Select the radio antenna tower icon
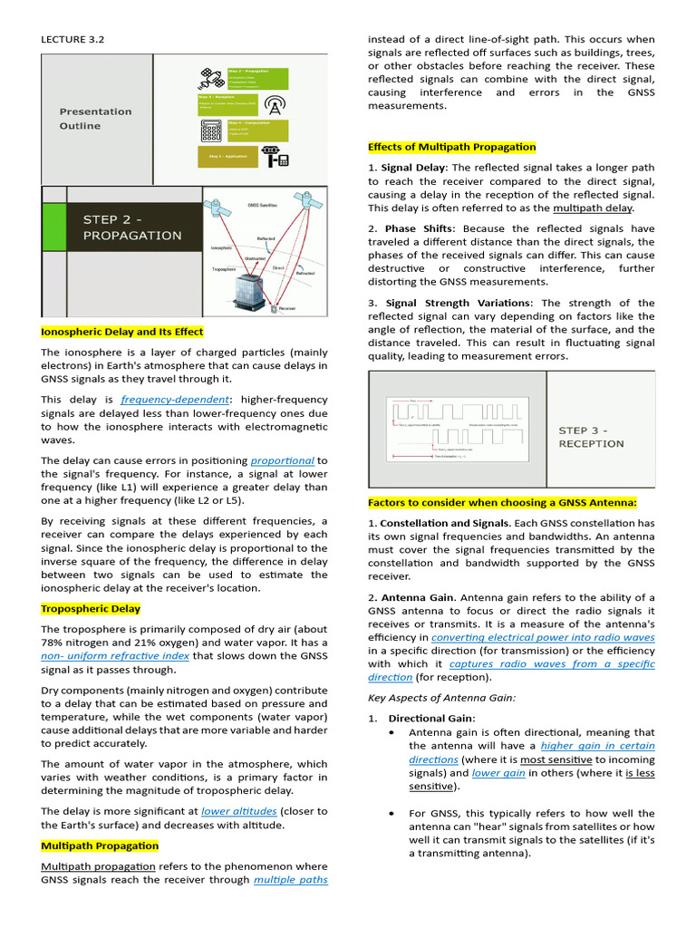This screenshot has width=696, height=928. point(275,103)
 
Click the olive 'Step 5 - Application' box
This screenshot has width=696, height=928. point(227,157)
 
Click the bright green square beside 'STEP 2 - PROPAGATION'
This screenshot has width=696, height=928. point(54,227)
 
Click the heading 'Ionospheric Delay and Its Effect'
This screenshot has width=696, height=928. point(122,332)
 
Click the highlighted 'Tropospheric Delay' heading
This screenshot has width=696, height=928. point(91,609)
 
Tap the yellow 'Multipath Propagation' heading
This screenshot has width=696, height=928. point(100,846)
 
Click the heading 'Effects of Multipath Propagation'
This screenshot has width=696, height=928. point(451,147)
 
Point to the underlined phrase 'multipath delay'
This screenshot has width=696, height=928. point(593,208)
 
